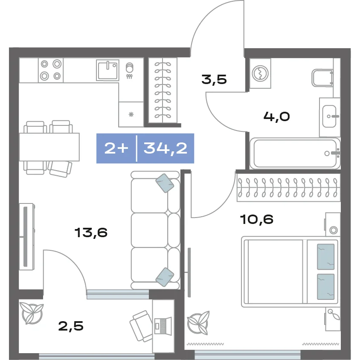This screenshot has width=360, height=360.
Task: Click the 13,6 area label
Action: click(91, 232)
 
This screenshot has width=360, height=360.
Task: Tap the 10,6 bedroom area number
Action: click(257, 219)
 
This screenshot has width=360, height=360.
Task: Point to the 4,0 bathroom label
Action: click(276, 116)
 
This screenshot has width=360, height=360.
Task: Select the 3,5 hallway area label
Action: click(214, 79)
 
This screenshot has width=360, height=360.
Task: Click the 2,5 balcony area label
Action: click(71, 326)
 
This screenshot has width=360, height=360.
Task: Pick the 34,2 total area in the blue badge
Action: click(165, 148)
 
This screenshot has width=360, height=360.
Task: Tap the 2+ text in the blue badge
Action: click(116, 148)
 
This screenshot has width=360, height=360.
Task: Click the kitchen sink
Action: click(107, 70)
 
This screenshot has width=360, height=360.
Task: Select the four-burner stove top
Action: click(51, 70)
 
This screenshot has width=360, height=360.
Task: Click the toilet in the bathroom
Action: click(322, 78)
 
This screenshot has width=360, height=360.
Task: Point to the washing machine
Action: click(260, 73)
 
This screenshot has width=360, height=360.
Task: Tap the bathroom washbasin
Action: click(330, 116)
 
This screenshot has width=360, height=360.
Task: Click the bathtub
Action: click(295, 154)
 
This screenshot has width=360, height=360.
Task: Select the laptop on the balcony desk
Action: click(163, 325)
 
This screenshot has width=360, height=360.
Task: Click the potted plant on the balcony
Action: click(32, 313)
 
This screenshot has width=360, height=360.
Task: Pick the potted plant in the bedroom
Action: click(198, 322)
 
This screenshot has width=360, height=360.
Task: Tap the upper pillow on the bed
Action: click(325, 257)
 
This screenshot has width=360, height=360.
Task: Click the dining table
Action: click(49, 147)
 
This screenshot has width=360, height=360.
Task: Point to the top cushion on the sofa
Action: click(165, 183)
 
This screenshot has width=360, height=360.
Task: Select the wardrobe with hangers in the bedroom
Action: click(289, 188)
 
